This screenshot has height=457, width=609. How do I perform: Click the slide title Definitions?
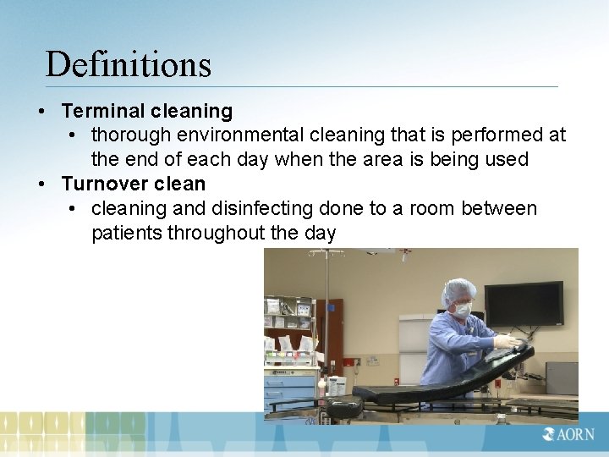[x=128, y=64]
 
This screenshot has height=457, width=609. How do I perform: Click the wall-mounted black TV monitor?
[x=524, y=304]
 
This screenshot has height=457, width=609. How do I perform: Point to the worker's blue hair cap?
[x=458, y=290]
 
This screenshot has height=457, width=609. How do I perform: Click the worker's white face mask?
[x=463, y=310]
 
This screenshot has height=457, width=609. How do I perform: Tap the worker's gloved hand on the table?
[x=507, y=341]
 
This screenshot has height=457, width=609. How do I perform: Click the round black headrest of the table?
[x=345, y=409]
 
